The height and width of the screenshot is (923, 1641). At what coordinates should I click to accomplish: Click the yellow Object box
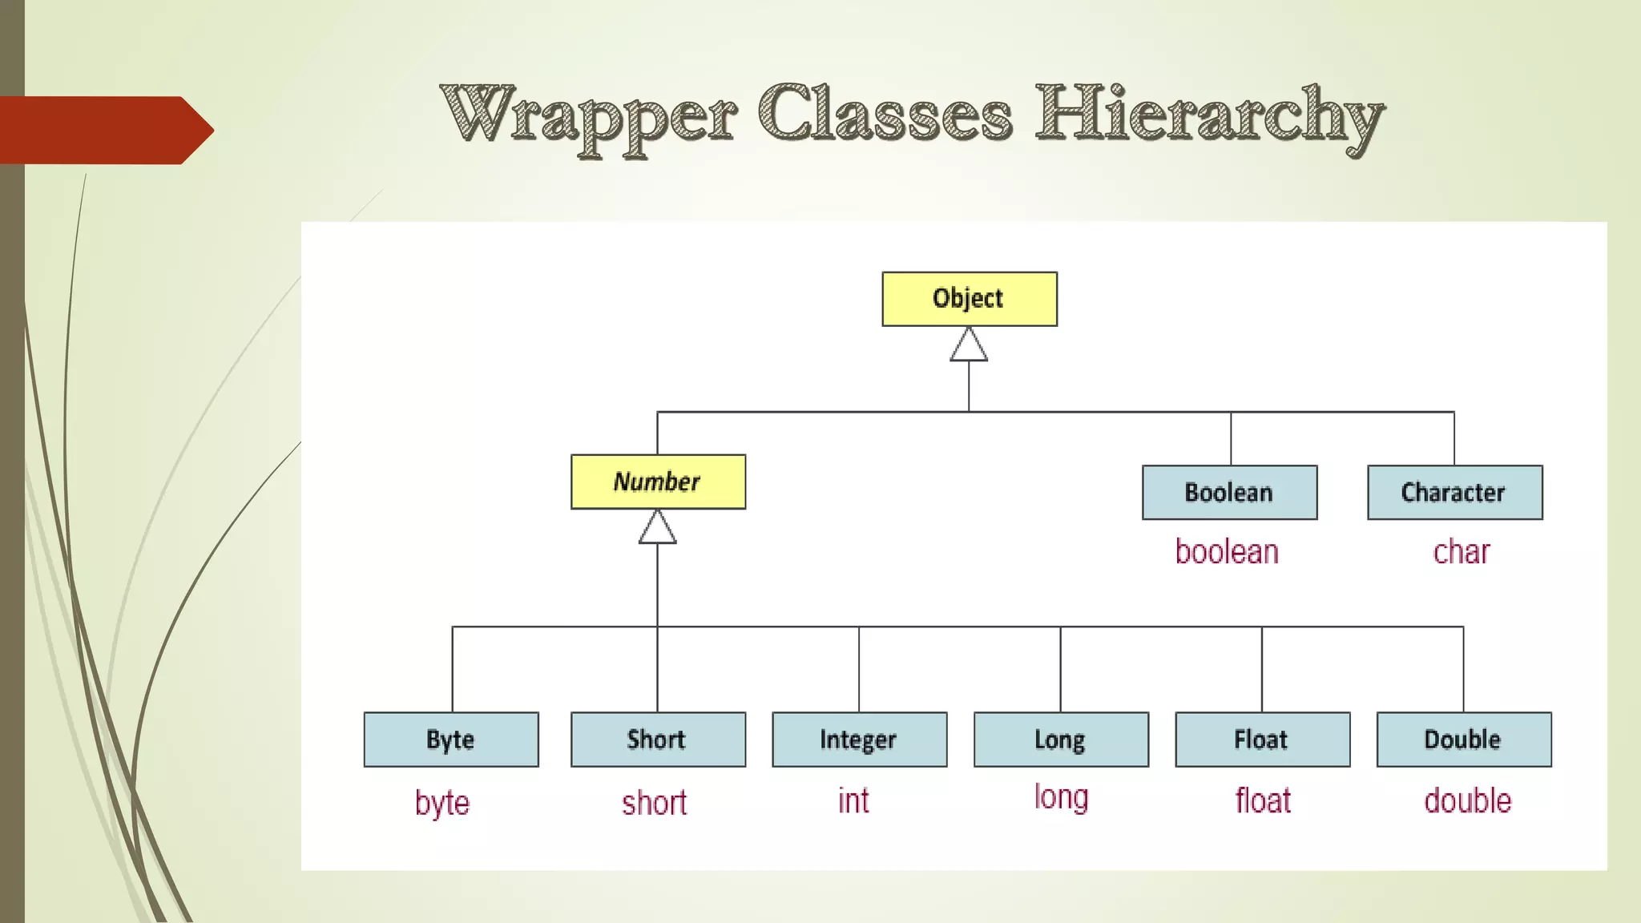(970, 299)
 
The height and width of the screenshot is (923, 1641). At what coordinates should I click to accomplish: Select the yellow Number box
(658, 482)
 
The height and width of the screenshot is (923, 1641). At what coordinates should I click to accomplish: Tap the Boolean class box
(1229, 492)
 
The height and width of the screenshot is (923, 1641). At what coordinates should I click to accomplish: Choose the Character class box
(1454, 492)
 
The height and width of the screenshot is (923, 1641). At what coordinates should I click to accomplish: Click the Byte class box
(451, 740)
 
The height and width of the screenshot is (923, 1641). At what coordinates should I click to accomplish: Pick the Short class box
(658, 740)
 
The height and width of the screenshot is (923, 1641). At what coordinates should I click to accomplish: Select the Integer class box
(859, 740)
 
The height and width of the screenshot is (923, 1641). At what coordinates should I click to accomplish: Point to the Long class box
(1061, 740)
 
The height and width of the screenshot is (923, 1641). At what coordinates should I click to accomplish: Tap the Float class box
(1262, 740)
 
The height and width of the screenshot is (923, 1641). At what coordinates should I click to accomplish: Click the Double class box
(1464, 740)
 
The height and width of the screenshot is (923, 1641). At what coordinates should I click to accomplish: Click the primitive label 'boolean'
(1227, 552)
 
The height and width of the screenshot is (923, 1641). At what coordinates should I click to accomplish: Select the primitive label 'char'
(1461, 552)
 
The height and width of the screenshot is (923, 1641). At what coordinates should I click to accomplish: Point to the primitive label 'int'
(853, 800)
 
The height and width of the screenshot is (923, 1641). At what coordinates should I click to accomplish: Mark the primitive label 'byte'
(442, 803)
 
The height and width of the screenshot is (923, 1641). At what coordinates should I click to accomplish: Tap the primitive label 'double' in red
(1467, 800)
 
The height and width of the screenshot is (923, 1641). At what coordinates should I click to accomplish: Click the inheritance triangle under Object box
(969, 346)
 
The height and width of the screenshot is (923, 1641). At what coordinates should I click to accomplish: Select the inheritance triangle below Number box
(657, 529)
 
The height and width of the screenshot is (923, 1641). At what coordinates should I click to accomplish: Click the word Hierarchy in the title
(1208, 117)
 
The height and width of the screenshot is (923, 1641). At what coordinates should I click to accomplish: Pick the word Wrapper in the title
(588, 117)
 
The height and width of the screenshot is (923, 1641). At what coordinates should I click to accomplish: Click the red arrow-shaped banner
(104, 130)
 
